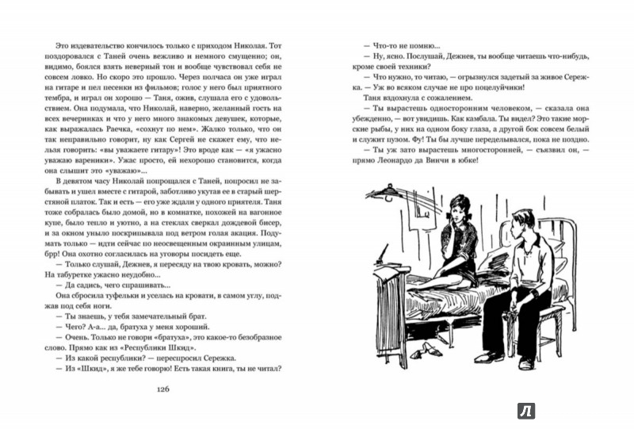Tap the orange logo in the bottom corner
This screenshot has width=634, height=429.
coord(524,410)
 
